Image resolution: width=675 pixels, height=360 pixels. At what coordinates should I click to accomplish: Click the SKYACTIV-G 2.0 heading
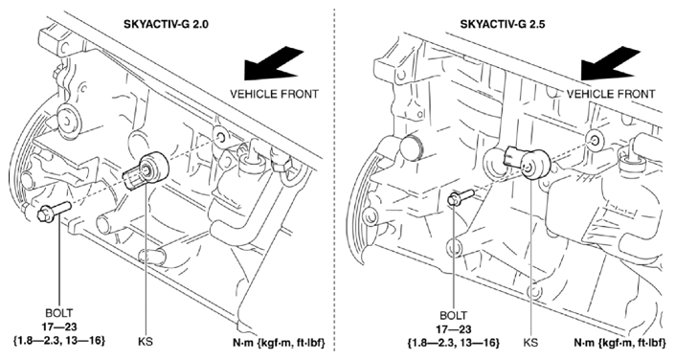[x=166, y=24]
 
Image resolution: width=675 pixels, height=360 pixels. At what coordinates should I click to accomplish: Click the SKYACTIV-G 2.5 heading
[x=503, y=24]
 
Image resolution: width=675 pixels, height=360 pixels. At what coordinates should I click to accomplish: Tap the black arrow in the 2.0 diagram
[x=274, y=64]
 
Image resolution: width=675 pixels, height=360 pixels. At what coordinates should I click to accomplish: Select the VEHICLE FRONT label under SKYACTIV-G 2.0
[x=274, y=94]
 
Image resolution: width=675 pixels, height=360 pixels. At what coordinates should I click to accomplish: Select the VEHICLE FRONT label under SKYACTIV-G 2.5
[x=611, y=94]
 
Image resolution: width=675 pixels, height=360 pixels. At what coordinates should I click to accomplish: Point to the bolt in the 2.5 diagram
[x=461, y=197]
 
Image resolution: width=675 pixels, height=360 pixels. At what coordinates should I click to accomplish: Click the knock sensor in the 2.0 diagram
[x=146, y=171]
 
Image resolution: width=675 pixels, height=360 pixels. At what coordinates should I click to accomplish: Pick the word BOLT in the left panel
[x=59, y=313]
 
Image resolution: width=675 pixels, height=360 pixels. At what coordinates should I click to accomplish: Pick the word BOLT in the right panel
[x=453, y=316]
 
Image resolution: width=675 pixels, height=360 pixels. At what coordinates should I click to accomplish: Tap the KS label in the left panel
[x=146, y=342]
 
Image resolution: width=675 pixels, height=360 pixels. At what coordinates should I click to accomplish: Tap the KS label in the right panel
[x=530, y=343]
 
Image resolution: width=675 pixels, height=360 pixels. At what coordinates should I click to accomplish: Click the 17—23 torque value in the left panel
[x=59, y=326]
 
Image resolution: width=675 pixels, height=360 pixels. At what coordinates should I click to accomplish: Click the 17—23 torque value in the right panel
[x=454, y=329]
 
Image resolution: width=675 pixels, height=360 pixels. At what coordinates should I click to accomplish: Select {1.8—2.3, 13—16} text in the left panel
[x=59, y=340]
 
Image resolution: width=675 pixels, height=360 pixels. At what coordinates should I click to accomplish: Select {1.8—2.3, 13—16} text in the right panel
[x=454, y=343]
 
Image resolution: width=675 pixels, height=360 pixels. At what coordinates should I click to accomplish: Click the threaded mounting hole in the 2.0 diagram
[x=220, y=138]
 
